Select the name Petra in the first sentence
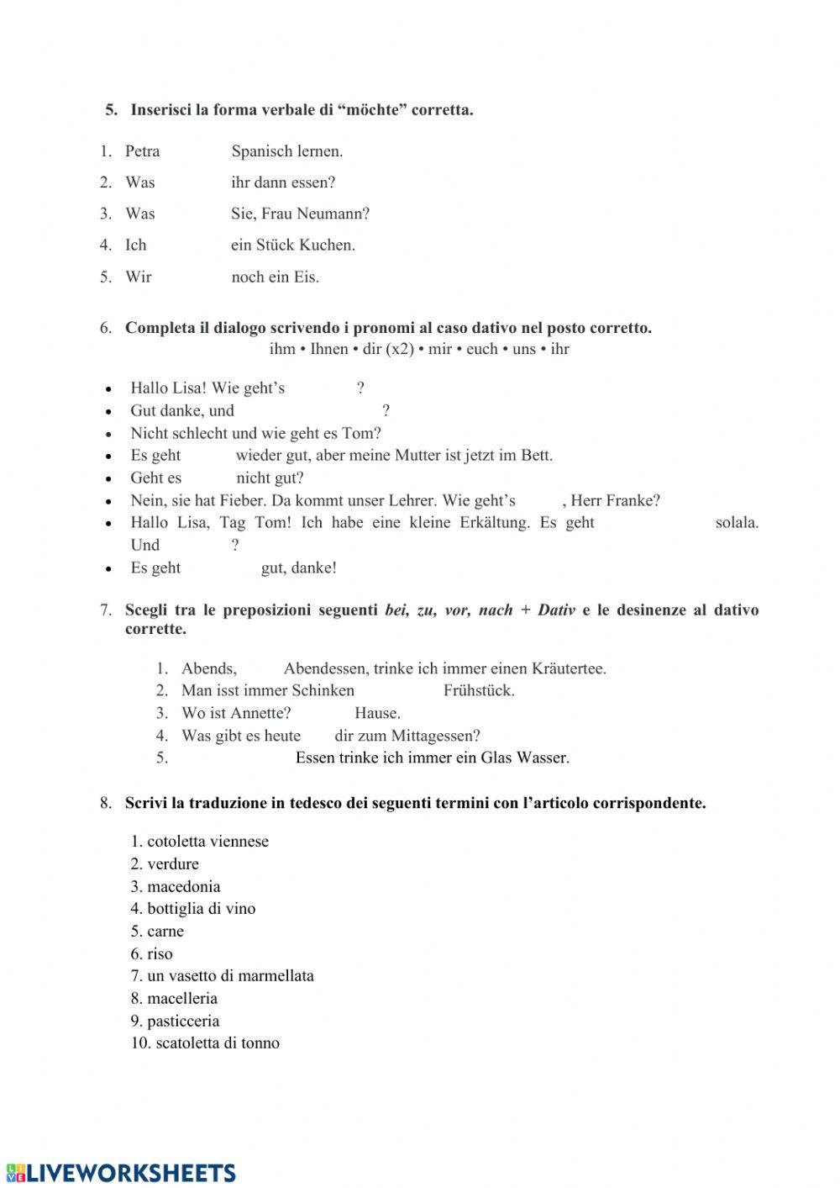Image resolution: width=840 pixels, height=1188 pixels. (142, 151)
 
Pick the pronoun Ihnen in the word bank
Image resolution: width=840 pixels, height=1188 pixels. (329, 349)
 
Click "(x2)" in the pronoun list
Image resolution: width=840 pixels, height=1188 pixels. (400, 349)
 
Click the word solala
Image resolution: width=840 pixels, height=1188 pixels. (737, 523)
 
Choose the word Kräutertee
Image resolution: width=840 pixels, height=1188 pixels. (568, 669)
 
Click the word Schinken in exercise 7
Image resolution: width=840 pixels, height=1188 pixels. (323, 691)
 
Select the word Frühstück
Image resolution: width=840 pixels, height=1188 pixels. (479, 691)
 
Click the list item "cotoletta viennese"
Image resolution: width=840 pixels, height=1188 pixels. (207, 842)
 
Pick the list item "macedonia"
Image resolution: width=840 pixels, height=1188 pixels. (183, 887)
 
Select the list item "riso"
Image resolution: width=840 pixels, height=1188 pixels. (160, 954)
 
